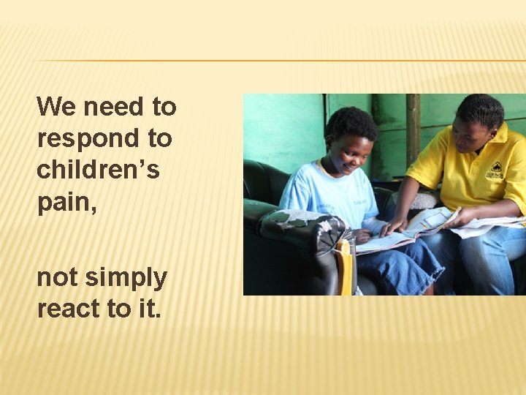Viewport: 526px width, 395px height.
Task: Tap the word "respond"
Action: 78,139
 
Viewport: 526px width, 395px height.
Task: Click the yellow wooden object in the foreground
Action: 344,266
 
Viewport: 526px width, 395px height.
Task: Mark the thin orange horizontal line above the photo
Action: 278,60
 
